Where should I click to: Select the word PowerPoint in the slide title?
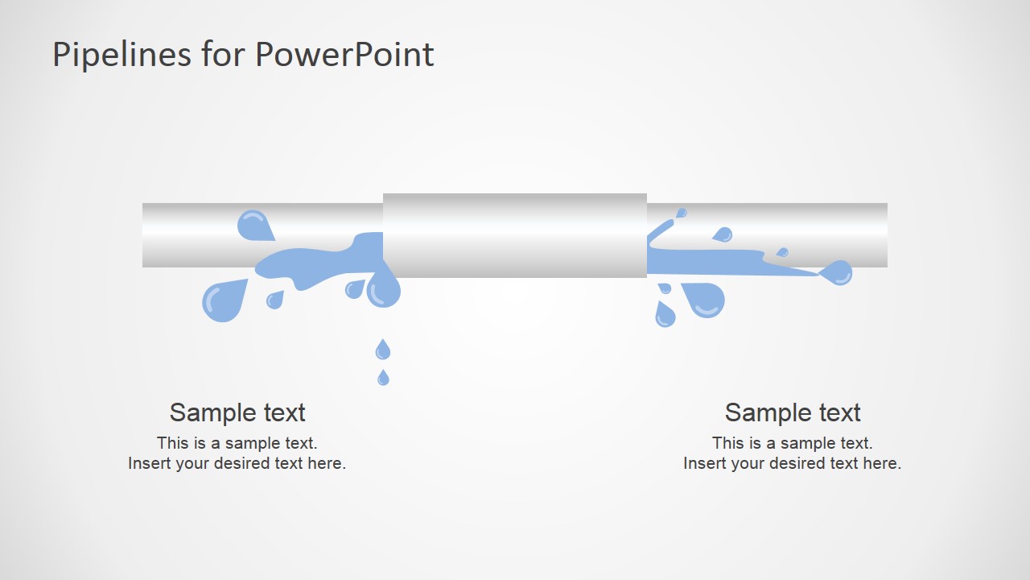(x=344, y=55)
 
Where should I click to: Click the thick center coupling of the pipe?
(x=515, y=235)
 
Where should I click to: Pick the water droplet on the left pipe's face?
(x=254, y=225)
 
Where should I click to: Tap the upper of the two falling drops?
(x=383, y=350)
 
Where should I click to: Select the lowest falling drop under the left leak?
(x=383, y=377)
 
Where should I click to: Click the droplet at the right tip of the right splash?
(x=838, y=273)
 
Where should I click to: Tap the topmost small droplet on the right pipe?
(x=682, y=213)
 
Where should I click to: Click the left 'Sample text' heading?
(x=237, y=412)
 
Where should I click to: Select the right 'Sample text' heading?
(x=793, y=412)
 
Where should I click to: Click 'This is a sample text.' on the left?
(x=237, y=443)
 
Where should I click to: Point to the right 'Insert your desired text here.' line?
(x=793, y=463)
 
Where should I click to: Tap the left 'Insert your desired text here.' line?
(x=237, y=463)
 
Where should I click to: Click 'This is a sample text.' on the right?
(x=793, y=443)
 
